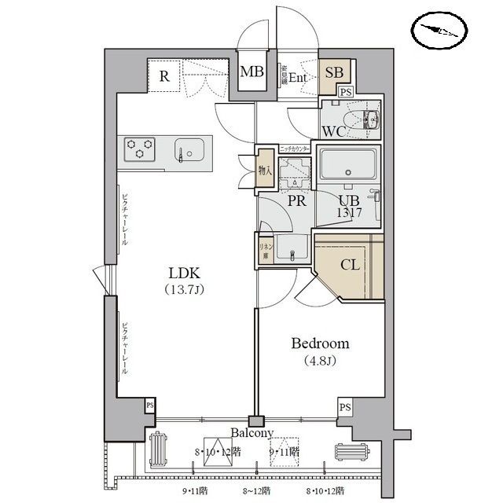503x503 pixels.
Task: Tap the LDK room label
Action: pyautogui.click(x=185, y=274)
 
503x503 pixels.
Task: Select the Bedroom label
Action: pyautogui.click(x=320, y=343)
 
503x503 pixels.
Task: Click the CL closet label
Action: pyautogui.click(x=350, y=265)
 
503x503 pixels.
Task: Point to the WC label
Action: pyautogui.click(x=332, y=130)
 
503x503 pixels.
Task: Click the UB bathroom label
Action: pyautogui.click(x=349, y=199)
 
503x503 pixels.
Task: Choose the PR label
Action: pyautogui.click(x=296, y=201)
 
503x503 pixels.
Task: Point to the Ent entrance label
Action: pyautogui.click(x=298, y=77)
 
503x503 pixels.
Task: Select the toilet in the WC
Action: pyautogui.click(x=366, y=120)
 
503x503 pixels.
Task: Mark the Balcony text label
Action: pyautogui.click(x=251, y=433)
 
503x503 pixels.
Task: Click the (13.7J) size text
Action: pyautogui.click(x=185, y=291)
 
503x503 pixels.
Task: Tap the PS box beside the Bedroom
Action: pyautogui.click(x=344, y=408)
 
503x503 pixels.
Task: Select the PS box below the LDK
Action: pyautogui.click(x=149, y=405)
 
